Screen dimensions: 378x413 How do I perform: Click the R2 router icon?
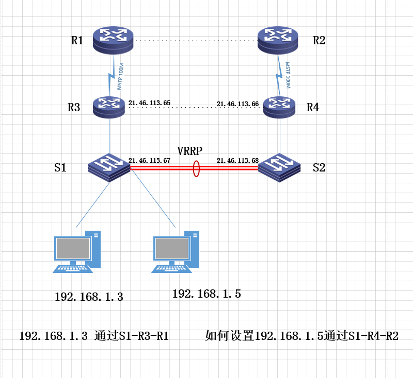click(x=278, y=40)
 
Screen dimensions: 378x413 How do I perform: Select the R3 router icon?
click(x=109, y=106)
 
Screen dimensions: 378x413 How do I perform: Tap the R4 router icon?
click(x=279, y=106)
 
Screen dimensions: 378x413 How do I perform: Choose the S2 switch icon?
click(x=279, y=166)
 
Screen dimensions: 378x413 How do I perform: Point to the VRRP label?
click(x=189, y=151)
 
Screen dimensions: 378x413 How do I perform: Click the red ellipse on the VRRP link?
click(x=196, y=168)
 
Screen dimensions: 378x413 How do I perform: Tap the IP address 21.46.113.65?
click(x=149, y=103)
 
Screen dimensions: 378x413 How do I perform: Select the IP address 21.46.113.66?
click(x=237, y=104)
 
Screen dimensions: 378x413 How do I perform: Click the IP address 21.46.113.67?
click(x=149, y=160)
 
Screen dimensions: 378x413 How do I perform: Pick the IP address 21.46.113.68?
click(x=237, y=161)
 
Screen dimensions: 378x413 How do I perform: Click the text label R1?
click(x=77, y=41)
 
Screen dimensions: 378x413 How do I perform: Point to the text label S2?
click(x=319, y=167)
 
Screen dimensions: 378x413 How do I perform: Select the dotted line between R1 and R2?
click(x=196, y=40)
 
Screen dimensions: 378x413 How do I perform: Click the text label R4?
click(x=313, y=108)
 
